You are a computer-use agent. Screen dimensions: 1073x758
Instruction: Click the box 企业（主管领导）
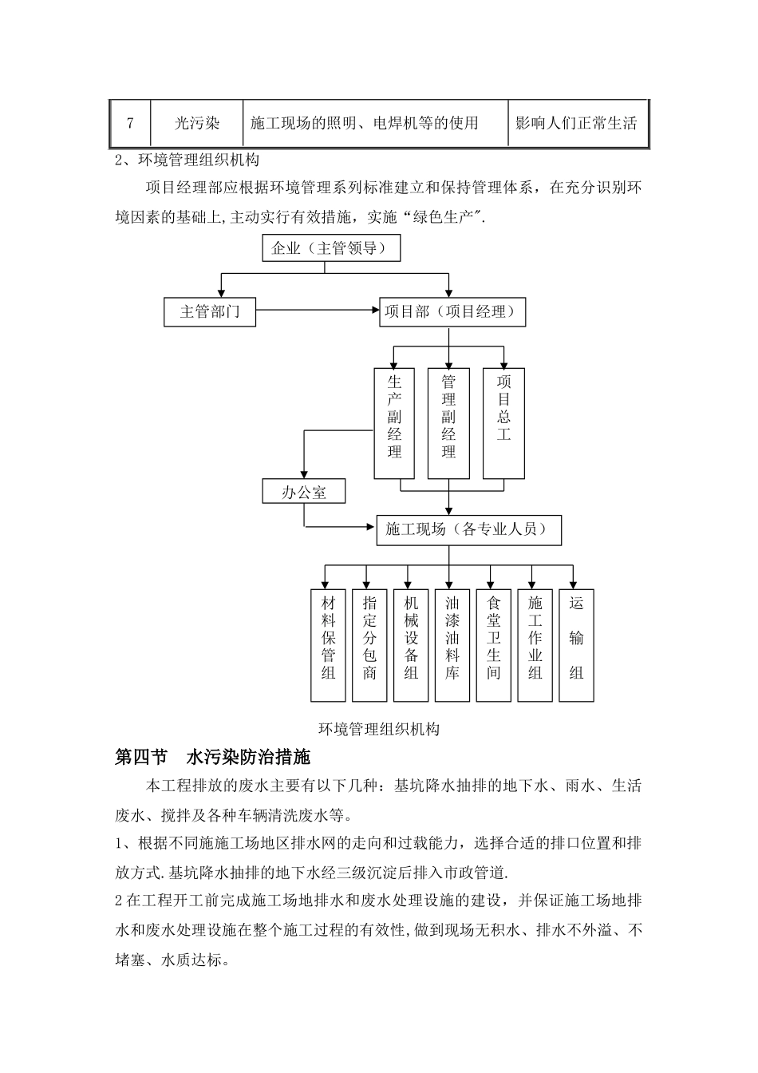pyautogui.click(x=331, y=248)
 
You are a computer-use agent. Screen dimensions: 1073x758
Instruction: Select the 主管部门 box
pyautogui.click(x=210, y=311)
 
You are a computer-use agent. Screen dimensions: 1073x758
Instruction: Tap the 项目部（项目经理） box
pyautogui.click(x=451, y=311)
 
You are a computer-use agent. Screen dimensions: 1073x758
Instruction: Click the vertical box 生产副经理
pyautogui.click(x=394, y=422)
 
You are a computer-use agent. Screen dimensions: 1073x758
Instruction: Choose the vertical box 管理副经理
pyautogui.click(x=448, y=422)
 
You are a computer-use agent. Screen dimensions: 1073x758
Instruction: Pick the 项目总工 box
pyautogui.click(x=503, y=422)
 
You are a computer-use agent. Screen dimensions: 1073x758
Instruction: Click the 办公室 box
pyautogui.click(x=304, y=492)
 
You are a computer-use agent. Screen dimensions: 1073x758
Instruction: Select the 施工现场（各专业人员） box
pyautogui.click(x=468, y=529)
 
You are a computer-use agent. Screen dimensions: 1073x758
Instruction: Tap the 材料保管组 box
pyautogui.click(x=328, y=645)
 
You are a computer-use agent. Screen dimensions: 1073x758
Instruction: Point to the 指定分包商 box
pyautogui.click(x=369, y=645)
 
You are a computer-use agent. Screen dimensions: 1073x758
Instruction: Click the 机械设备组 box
pyautogui.click(x=411, y=645)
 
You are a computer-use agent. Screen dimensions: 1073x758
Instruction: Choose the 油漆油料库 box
pyautogui.click(x=452, y=645)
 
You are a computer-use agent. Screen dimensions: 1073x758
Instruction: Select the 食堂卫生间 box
pyautogui.click(x=494, y=645)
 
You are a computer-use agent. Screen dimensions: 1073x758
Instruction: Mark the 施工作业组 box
pyautogui.click(x=535, y=645)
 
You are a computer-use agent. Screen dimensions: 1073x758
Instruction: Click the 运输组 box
pyautogui.click(x=576, y=645)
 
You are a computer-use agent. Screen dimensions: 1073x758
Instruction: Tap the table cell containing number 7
pyautogui.click(x=130, y=123)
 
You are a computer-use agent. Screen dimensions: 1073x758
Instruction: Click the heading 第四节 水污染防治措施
pyautogui.click(x=213, y=756)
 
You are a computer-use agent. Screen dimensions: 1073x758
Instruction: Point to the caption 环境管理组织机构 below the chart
pyautogui.click(x=379, y=729)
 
